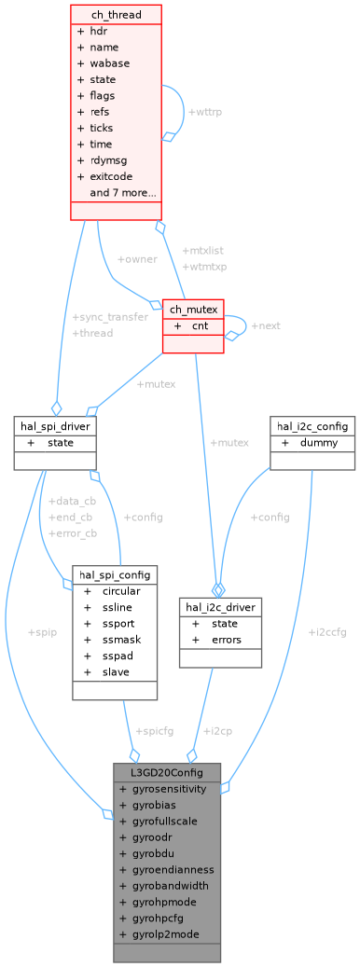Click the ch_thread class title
pos(117,14)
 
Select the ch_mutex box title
pos(193,310)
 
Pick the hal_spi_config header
pos(115,575)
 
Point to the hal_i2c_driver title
pos(220,607)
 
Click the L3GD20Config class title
pos(167,772)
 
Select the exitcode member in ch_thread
pos(111,176)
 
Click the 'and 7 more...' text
pos(122,193)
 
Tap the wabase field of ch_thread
pos(109,63)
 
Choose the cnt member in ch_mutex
pos(200,326)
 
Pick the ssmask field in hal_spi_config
pos(122,640)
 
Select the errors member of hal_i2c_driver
pos(227,640)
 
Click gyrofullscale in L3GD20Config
pos(164,821)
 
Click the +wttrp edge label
pos(205,112)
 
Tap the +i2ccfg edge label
pos(326,632)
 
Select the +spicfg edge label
pos(155,730)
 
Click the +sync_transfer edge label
pos(110,317)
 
